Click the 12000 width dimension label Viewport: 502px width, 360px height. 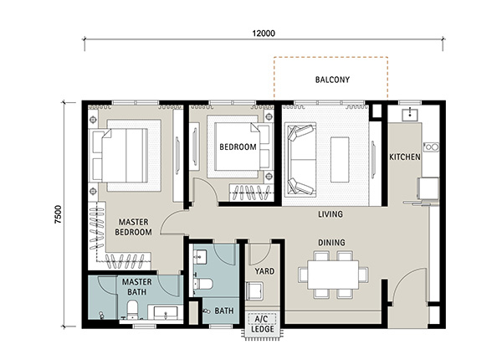(264, 33)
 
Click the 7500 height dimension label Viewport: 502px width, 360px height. (58, 214)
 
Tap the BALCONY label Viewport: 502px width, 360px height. (332, 80)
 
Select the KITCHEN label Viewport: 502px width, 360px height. (405, 157)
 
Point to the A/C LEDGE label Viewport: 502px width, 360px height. (262, 324)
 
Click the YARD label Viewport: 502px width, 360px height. (264, 271)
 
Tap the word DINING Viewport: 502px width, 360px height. (331, 243)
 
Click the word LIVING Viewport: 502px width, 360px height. (330, 214)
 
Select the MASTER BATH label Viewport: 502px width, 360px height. (136, 287)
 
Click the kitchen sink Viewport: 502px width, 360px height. (409, 115)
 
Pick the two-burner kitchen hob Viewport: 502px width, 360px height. (431, 147)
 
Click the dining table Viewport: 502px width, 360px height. (333, 275)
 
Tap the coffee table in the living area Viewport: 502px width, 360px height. (340, 160)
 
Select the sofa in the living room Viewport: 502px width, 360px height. (301, 160)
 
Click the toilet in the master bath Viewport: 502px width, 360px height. (132, 310)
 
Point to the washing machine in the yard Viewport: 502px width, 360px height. (255, 291)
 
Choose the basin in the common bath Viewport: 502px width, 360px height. (200, 257)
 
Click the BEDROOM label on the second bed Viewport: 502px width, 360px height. (238, 147)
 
